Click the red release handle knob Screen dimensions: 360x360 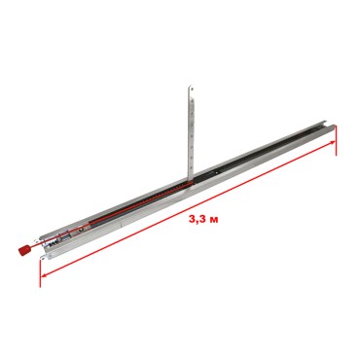[23, 250]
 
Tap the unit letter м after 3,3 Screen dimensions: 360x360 [214, 220]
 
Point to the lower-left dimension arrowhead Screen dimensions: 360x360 [45, 275]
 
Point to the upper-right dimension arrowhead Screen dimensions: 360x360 [332, 142]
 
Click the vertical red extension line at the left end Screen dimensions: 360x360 [40, 272]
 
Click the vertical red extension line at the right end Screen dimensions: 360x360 [337, 141]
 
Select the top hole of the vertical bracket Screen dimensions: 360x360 [192, 89]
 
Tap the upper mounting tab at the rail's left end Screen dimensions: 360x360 [41, 239]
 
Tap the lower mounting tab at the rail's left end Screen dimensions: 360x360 [44, 258]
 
